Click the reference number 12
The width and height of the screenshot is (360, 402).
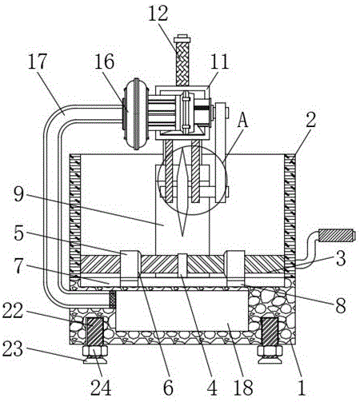pos(158,14)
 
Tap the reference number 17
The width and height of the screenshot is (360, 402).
pos(37,62)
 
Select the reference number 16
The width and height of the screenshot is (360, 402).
pos(105,62)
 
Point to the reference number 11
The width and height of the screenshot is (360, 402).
pos(219,62)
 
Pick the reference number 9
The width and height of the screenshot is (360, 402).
pos(19,194)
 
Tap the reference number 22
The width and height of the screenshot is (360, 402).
pos(13,311)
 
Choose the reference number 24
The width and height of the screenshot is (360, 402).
pos(101,388)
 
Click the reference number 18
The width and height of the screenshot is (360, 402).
pos(243,388)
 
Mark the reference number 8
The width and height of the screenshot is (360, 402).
pos(341,305)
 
